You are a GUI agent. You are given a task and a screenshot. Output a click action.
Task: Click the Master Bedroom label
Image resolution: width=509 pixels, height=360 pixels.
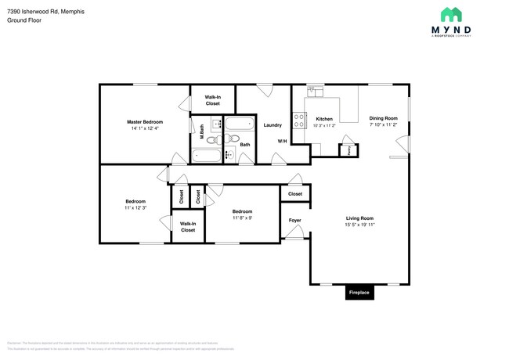click(x=145, y=122)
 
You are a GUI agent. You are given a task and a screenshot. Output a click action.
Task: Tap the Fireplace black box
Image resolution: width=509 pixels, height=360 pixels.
click(x=359, y=293)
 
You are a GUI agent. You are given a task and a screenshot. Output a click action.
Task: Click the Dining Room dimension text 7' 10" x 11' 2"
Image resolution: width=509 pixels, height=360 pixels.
click(x=384, y=125)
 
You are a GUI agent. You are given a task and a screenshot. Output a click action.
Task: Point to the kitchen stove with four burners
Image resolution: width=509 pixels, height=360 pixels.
click(x=298, y=121)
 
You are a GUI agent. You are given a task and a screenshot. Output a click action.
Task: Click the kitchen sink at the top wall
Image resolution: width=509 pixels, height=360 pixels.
click(x=314, y=91)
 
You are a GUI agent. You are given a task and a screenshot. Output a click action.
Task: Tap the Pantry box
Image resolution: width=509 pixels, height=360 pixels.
click(x=344, y=149)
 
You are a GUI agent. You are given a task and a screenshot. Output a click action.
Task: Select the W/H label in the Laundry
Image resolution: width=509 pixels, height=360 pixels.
click(x=282, y=141)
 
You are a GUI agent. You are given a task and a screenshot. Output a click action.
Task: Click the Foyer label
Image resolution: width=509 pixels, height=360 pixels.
click(x=295, y=220)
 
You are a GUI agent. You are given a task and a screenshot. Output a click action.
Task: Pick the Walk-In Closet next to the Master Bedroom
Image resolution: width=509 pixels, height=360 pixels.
click(x=212, y=100)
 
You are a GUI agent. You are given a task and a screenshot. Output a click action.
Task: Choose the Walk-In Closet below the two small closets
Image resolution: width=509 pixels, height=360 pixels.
click(x=188, y=227)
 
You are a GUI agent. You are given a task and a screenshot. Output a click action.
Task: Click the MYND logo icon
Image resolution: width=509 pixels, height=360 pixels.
click(x=452, y=14)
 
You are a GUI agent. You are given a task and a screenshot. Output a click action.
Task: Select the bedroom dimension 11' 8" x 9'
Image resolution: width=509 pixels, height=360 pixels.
click(x=241, y=218)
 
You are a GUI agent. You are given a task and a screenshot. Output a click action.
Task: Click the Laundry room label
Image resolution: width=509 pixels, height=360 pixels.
click(x=273, y=125)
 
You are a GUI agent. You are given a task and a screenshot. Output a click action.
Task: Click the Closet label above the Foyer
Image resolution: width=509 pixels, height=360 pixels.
click(x=295, y=193)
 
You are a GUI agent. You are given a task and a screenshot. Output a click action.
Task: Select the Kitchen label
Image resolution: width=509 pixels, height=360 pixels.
click(x=324, y=118)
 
